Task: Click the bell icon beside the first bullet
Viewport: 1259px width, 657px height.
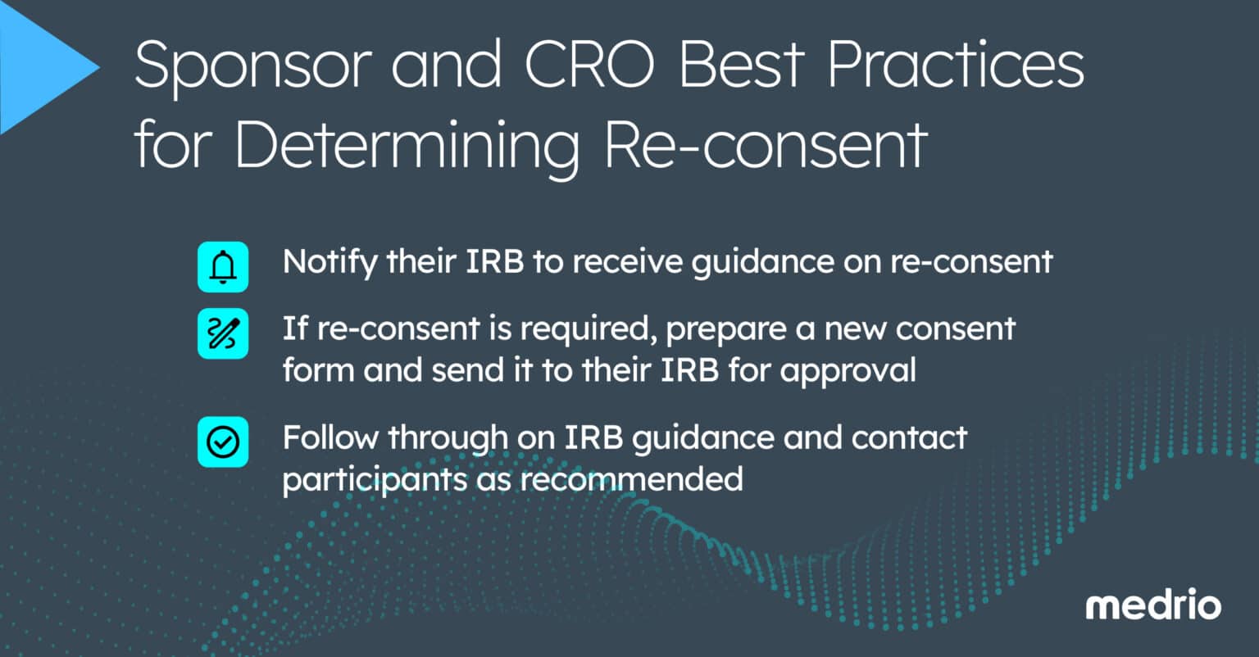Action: click(223, 267)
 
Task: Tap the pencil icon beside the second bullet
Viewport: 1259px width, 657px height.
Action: click(223, 333)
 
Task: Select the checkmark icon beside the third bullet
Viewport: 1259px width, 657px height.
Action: click(223, 442)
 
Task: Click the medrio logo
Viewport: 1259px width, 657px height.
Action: click(1153, 606)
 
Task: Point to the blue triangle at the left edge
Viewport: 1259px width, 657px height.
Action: click(41, 69)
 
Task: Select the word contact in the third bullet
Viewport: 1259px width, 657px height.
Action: click(909, 437)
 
